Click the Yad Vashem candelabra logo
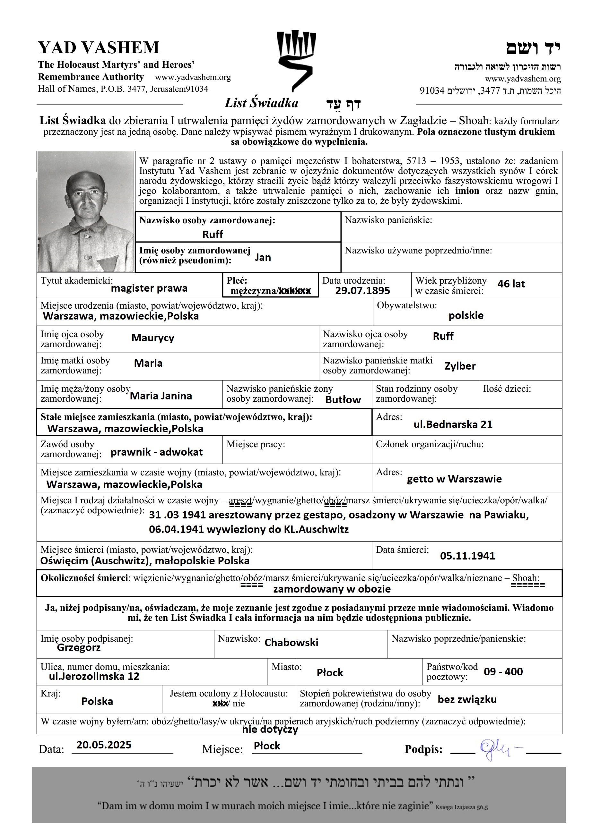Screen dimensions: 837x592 [296, 60]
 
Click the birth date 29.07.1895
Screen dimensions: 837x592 [362, 291]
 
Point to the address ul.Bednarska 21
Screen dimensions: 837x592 [453, 424]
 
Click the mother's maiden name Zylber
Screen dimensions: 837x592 [460, 366]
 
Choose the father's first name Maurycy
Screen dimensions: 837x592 [153, 337]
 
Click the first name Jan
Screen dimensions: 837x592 [263, 257]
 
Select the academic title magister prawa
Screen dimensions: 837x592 [149, 288]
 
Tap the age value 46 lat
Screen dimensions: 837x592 [511, 284]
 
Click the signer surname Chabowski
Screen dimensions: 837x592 [291, 642]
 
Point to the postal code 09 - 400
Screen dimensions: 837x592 [503, 671]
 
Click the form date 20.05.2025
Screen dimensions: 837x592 [104, 745]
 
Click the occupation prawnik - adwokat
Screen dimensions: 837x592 [156, 452]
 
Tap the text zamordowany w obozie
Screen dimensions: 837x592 [332, 589]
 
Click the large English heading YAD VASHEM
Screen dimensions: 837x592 [99, 48]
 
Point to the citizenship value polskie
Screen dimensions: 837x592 [466, 315]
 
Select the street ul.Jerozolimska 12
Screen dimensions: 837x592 [94, 676]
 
